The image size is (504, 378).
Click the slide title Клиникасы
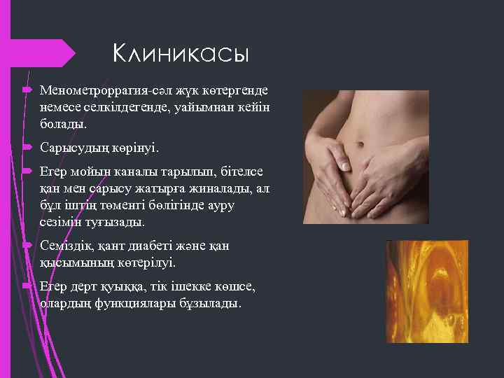[181, 53]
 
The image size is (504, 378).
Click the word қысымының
[74, 262]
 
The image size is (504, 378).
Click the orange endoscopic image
[428, 291]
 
